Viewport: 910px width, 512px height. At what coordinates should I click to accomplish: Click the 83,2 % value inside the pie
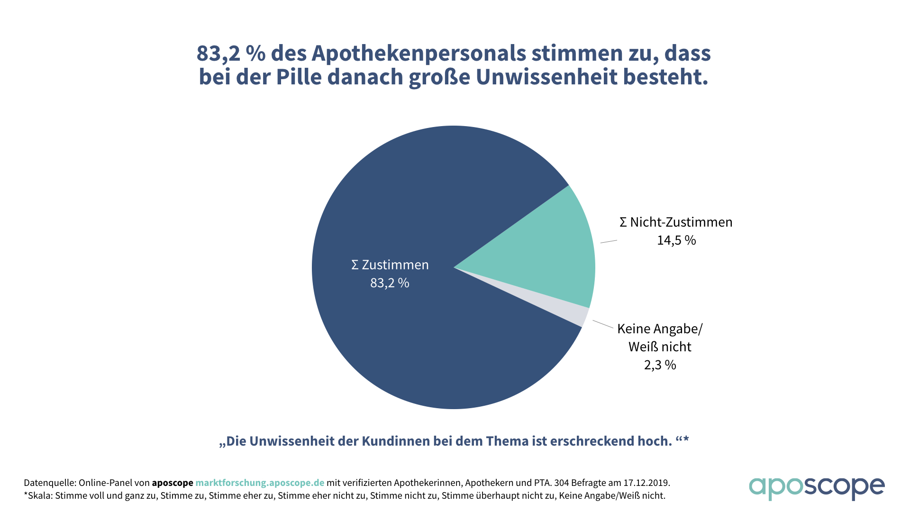[390, 283]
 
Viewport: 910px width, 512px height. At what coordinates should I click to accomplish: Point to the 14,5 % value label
[676, 240]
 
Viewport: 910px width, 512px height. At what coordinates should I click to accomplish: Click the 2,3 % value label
[660, 365]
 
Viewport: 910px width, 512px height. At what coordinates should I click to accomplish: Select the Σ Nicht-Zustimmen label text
[676, 222]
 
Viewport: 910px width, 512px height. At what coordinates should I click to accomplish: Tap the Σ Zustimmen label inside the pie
[390, 265]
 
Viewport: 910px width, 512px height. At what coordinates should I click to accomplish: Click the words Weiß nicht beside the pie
[660, 347]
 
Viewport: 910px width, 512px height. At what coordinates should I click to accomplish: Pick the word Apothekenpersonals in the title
[419, 53]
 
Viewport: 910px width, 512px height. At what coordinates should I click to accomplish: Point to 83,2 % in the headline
[231, 53]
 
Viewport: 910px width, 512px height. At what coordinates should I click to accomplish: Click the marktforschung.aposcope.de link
[260, 483]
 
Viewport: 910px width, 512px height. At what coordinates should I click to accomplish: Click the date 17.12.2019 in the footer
[646, 483]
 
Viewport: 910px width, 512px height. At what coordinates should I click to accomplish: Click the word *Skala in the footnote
[37, 496]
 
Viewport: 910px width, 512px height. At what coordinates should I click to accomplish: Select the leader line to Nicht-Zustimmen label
[609, 242]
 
